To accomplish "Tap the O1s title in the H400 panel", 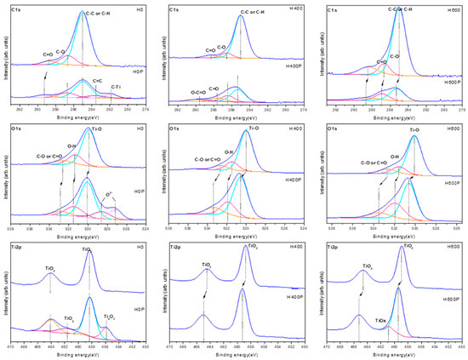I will point(174,129).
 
